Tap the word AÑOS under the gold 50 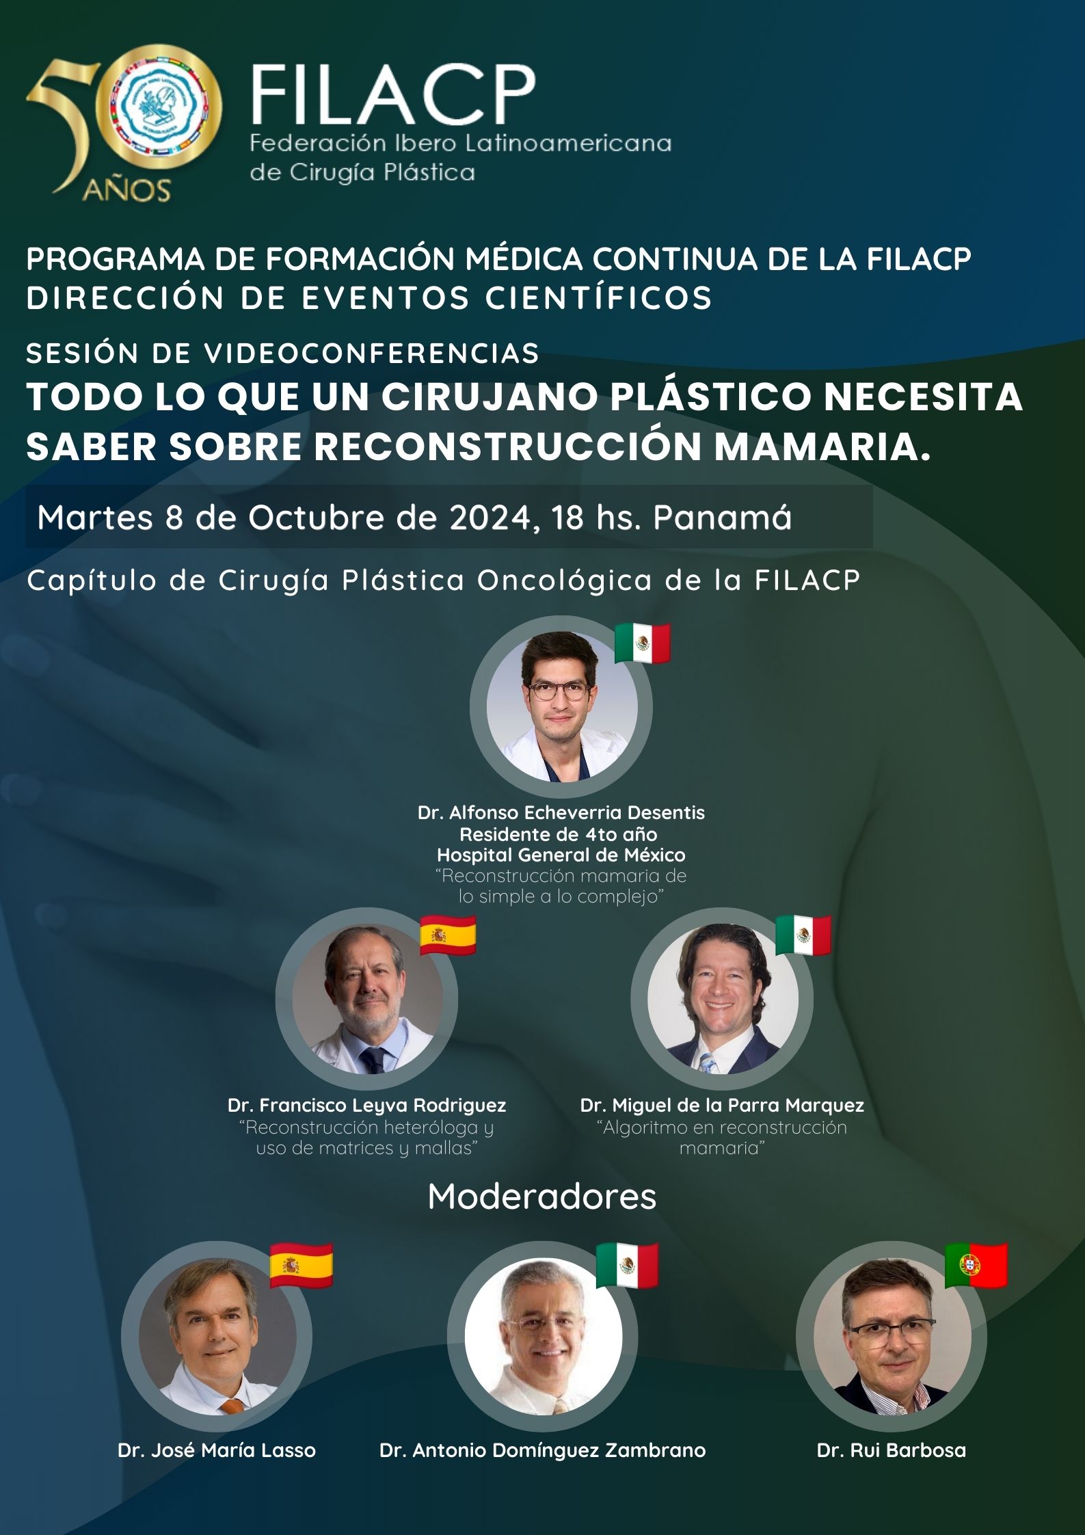(126, 190)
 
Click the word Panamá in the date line (723, 518)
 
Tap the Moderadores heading (542, 1197)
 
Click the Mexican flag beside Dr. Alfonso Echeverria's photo (642, 643)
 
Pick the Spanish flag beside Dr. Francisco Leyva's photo (448, 935)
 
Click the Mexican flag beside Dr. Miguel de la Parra (803, 935)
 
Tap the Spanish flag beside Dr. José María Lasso (302, 1266)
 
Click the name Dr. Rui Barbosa (892, 1450)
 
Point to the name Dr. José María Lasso (217, 1450)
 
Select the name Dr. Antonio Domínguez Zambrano (543, 1450)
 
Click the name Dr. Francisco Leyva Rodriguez (367, 1105)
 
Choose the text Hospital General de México (561, 855)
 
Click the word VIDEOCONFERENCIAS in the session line (372, 353)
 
